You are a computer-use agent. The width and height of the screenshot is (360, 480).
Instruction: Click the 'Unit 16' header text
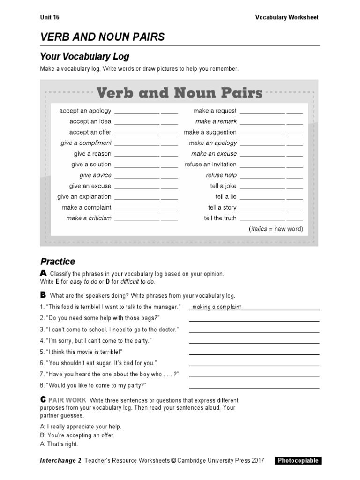[x=50, y=17]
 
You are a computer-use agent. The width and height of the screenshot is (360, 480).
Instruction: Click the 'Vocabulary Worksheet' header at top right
[x=286, y=17]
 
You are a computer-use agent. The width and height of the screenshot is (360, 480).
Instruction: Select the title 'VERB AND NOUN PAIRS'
[x=102, y=37]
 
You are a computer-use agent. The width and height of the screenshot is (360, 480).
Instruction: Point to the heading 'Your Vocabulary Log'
[x=84, y=57]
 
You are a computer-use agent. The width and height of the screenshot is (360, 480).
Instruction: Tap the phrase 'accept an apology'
[x=85, y=111]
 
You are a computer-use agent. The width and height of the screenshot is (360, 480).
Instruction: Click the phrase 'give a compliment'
[x=86, y=143]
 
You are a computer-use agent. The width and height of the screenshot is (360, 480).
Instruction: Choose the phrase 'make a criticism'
[x=89, y=218]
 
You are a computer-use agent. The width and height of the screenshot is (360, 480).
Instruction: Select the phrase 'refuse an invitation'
[x=210, y=165]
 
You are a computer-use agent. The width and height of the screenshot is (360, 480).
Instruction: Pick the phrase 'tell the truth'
[x=220, y=218]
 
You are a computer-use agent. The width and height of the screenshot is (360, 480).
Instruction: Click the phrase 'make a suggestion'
[x=210, y=133]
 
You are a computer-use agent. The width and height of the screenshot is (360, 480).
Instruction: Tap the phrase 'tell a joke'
[x=223, y=186]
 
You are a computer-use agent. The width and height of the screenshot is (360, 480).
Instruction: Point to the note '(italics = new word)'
[x=276, y=229]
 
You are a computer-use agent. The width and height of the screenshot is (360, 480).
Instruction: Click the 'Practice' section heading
[x=58, y=262]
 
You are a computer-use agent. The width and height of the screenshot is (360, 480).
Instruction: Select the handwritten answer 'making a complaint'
[x=217, y=307]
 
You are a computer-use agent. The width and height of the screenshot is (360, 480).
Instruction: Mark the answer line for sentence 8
[x=254, y=388]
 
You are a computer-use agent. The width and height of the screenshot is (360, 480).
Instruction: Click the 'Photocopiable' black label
[x=298, y=460]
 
